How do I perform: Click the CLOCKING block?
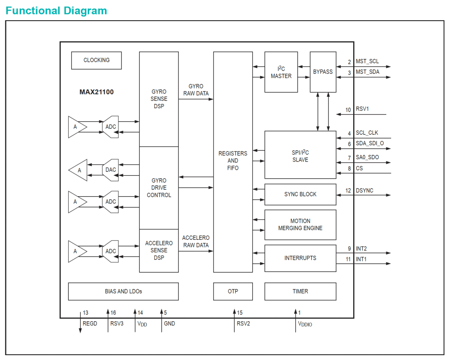(96, 60)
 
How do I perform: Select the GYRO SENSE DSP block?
(159, 99)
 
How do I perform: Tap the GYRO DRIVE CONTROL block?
(159, 188)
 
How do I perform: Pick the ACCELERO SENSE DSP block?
(159, 250)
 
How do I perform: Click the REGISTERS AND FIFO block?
(233, 162)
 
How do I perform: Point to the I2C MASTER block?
(281, 72)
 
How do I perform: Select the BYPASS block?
(323, 72)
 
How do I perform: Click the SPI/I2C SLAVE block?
(300, 155)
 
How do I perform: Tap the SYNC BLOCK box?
(300, 194)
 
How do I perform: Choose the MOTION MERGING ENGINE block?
(300, 224)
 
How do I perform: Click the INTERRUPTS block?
(300, 258)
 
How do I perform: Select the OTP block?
(233, 291)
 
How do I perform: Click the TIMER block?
(300, 291)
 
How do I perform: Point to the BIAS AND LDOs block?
(123, 291)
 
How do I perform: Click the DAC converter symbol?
(111, 170)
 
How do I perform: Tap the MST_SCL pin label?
(367, 62)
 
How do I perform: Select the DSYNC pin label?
(365, 191)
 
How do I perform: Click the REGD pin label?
(90, 323)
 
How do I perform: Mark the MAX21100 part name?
(96, 92)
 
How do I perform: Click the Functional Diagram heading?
(56, 11)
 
